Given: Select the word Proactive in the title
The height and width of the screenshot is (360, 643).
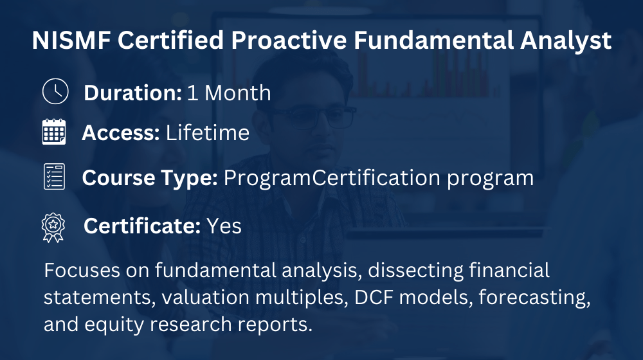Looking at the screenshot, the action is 289,40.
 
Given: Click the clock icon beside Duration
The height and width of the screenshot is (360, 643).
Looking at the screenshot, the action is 55,91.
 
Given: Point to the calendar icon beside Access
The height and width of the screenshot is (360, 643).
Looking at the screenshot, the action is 54,132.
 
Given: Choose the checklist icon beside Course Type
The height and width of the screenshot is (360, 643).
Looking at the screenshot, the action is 54,176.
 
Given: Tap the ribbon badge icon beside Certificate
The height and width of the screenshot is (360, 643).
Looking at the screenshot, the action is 53,228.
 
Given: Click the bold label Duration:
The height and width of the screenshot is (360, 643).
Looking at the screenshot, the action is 132,93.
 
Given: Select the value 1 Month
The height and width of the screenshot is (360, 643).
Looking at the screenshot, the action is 229,93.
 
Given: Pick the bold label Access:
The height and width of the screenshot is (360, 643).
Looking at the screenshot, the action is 121,133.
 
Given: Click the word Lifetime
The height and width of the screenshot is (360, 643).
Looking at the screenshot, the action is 208,133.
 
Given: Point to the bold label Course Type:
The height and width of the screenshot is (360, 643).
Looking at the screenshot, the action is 150,178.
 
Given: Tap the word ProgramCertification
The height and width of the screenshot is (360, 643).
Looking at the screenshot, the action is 332,177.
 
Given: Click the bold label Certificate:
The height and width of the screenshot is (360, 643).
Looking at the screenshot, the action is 142,226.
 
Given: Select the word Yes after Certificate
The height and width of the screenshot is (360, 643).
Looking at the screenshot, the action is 224,226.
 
